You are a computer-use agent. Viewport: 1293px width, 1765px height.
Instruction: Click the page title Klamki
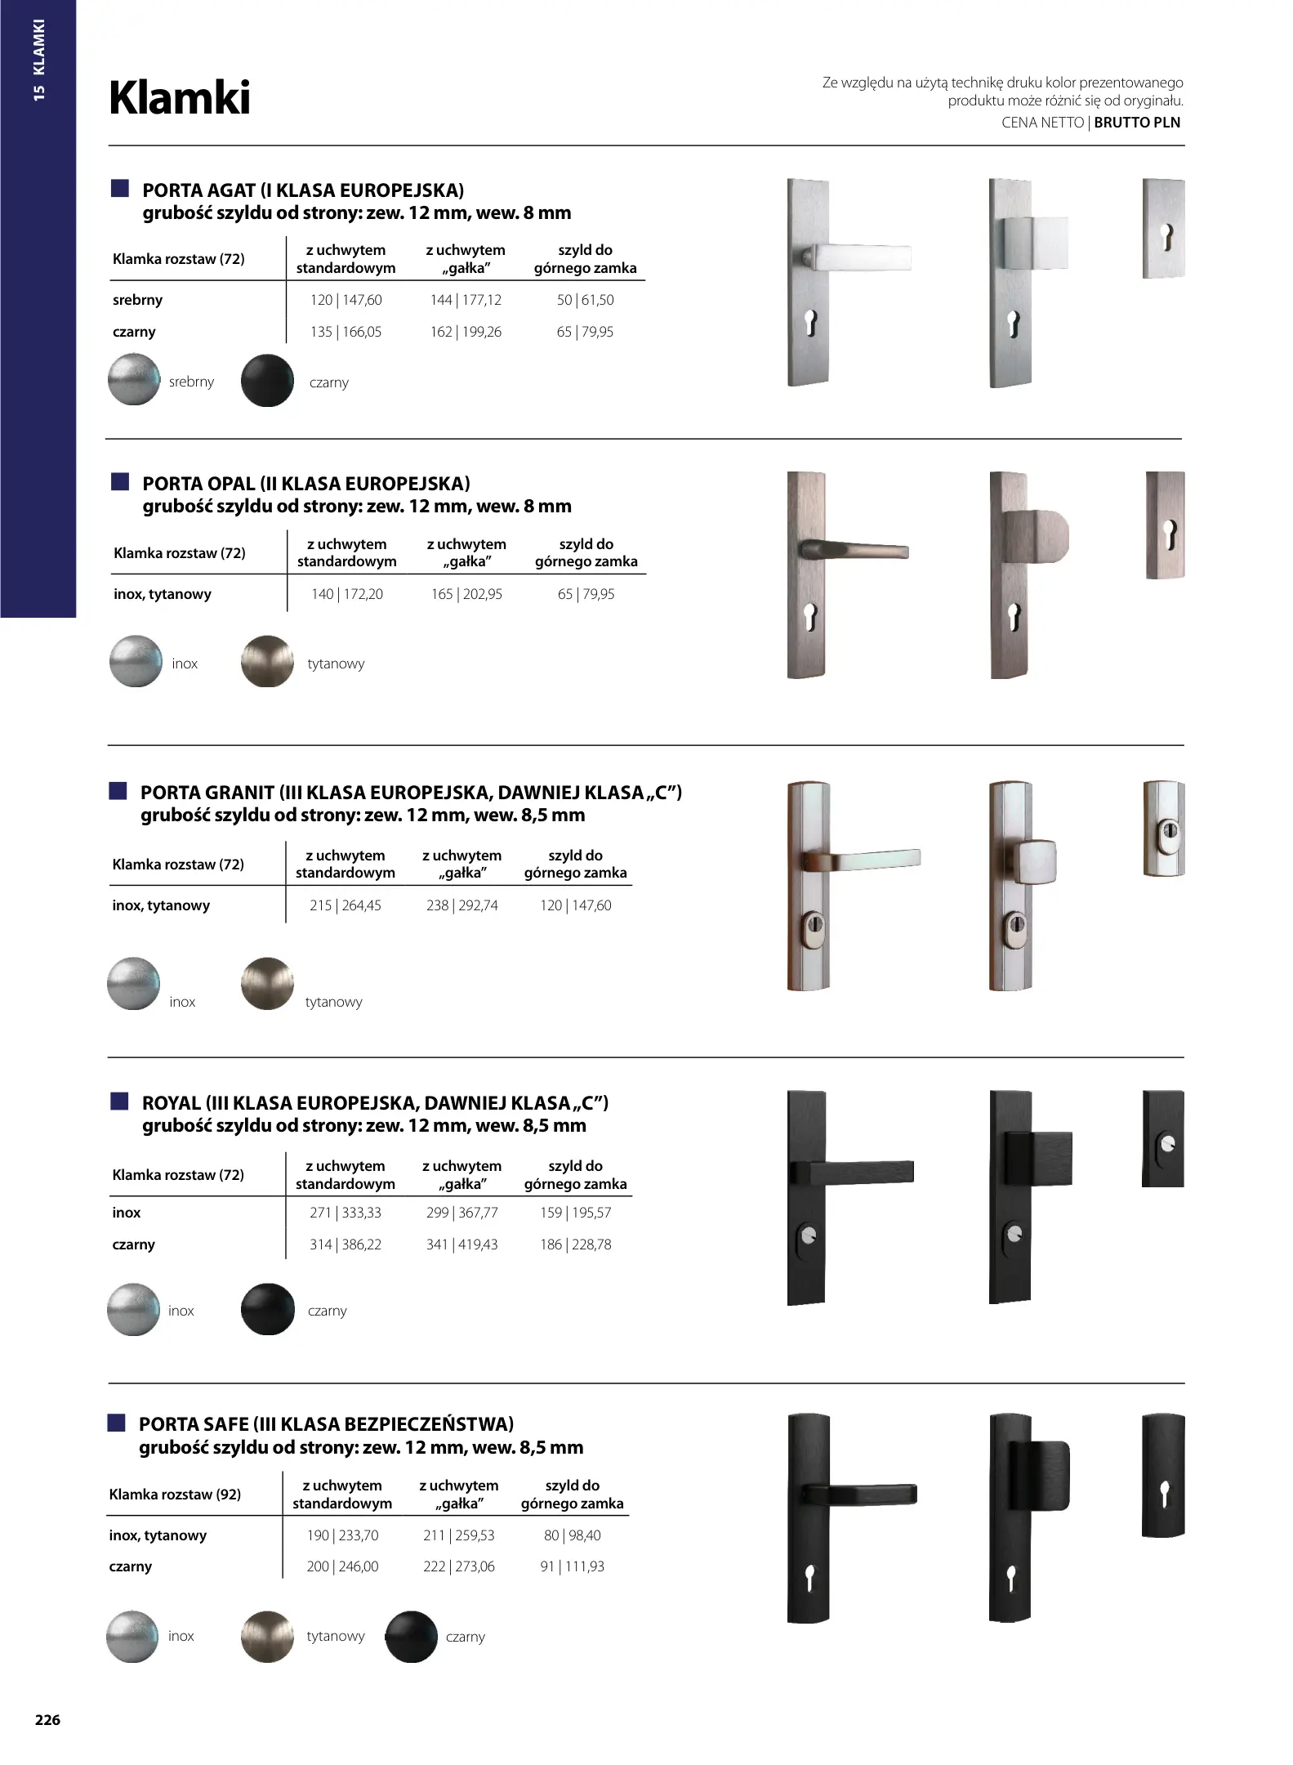coord(180,98)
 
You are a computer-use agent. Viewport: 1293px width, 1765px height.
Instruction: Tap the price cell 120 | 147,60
coord(346,300)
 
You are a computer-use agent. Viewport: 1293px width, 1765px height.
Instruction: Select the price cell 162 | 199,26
coord(466,332)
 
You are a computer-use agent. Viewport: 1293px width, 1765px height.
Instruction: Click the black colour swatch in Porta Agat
coord(267,380)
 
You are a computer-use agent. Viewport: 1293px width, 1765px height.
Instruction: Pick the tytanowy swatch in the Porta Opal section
coord(267,661)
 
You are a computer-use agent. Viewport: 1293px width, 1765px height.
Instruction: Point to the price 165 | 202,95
coord(466,594)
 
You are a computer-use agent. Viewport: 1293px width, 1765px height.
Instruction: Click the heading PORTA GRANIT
coord(207,792)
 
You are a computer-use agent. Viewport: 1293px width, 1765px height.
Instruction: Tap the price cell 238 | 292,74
coord(461,905)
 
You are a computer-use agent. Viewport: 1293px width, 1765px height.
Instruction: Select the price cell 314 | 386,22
coord(346,1244)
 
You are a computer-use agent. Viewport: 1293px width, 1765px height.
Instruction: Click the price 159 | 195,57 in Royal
coord(575,1213)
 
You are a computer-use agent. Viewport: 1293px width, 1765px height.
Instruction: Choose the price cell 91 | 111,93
coord(572,1566)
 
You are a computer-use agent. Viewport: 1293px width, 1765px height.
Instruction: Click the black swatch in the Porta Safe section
coord(411,1637)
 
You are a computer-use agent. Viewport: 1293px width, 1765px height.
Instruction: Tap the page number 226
coord(47,1719)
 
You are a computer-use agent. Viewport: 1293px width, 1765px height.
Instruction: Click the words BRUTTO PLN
coord(1137,123)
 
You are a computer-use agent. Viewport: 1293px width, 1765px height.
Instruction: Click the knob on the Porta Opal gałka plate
coord(1035,536)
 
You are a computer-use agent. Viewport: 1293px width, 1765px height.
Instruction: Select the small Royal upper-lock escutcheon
coord(1163,1138)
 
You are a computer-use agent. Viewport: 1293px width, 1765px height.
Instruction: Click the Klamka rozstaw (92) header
coord(175,1495)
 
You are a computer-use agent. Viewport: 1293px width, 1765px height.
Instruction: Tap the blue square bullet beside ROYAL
coord(120,1101)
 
